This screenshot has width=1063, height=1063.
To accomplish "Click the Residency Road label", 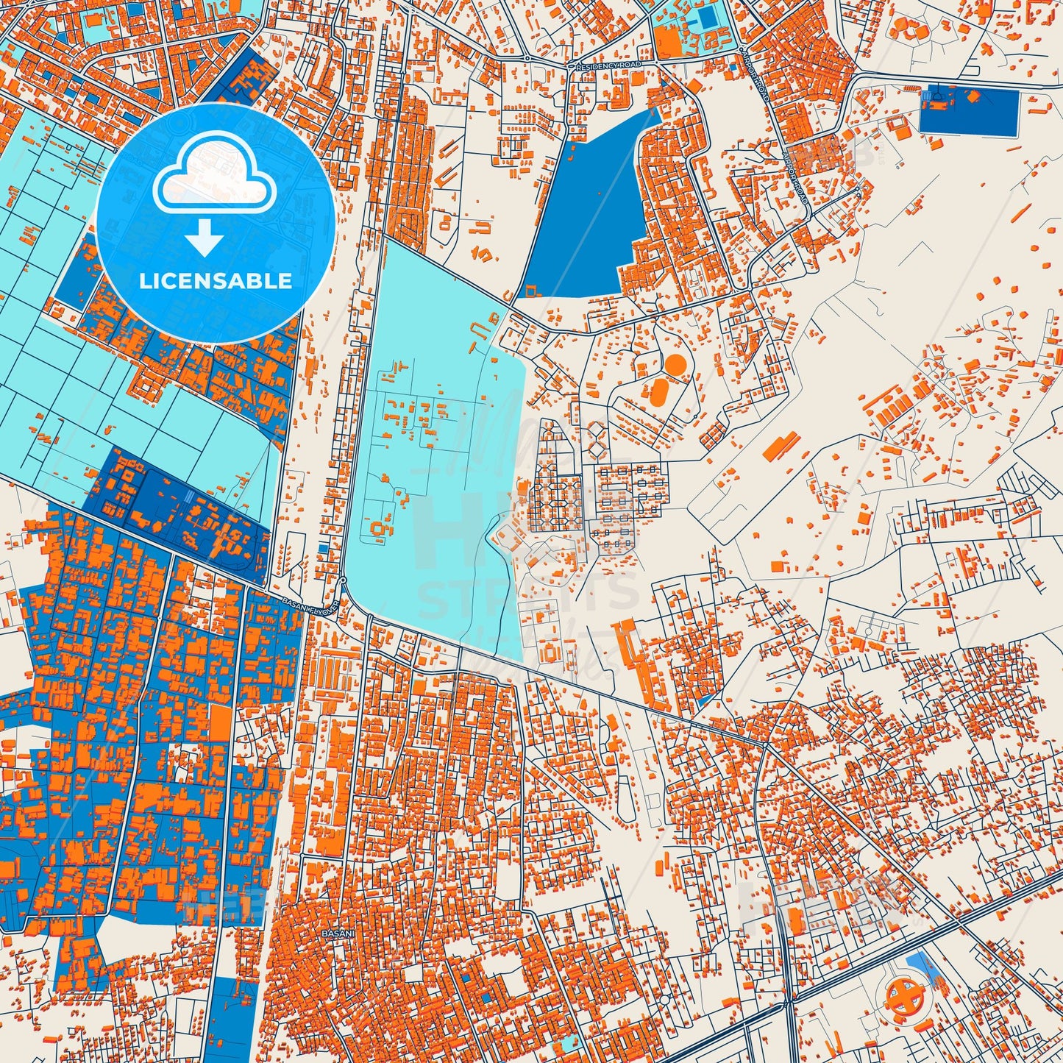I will [x=608, y=65].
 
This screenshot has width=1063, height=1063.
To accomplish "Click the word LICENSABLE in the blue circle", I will [x=214, y=280].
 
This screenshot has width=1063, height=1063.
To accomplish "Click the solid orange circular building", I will [x=674, y=364].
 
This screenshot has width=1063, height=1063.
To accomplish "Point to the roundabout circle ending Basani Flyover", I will [x=344, y=581].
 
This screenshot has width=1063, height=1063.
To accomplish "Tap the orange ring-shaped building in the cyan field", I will [x=381, y=527].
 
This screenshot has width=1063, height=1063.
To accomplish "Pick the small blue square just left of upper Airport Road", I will [x=733, y=67].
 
